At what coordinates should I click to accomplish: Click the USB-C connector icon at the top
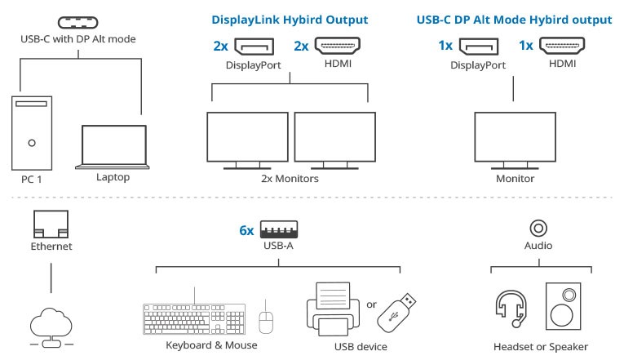click(78, 22)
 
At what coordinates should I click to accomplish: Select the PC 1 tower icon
click(32, 133)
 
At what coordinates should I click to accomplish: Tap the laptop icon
click(113, 147)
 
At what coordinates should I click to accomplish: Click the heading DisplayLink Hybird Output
click(290, 20)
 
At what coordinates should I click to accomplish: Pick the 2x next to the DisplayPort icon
click(220, 47)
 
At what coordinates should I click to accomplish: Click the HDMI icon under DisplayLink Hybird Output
click(338, 46)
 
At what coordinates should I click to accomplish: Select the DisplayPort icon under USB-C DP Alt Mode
click(479, 47)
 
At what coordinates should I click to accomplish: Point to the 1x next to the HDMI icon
click(525, 46)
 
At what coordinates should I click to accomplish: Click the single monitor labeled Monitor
click(515, 140)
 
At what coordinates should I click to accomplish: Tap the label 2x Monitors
click(290, 179)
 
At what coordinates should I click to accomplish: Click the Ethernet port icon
click(51, 224)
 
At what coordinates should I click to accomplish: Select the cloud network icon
click(51, 327)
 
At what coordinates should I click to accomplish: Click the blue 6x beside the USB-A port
click(246, 230)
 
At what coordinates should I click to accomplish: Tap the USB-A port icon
click(279, 229)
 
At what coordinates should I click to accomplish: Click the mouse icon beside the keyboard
click(266, 322)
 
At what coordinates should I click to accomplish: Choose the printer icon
click(333, 309)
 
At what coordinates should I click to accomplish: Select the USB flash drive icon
click(396, 313)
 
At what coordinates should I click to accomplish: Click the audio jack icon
click(538, 229)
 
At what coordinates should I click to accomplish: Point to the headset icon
click(511, 309)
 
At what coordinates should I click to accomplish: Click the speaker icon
click(563, 306)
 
